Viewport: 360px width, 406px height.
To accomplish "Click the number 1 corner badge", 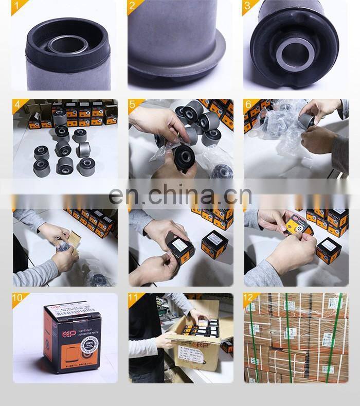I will [x=19, y=7].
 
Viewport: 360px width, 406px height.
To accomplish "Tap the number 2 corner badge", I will [x=134, y=7].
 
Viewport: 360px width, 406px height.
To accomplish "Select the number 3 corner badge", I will [x=249, y=7].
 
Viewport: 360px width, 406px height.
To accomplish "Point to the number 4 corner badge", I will [x=19, y=105].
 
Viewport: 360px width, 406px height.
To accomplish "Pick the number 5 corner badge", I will [x=134, y=105].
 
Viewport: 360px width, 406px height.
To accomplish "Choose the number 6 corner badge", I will [x=249, y=105].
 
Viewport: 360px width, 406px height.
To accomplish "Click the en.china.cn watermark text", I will [x=180, y=196].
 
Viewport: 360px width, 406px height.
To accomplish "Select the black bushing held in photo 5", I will [x=183, y=156].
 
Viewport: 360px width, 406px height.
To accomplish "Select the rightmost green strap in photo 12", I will [x=339, y=337].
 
